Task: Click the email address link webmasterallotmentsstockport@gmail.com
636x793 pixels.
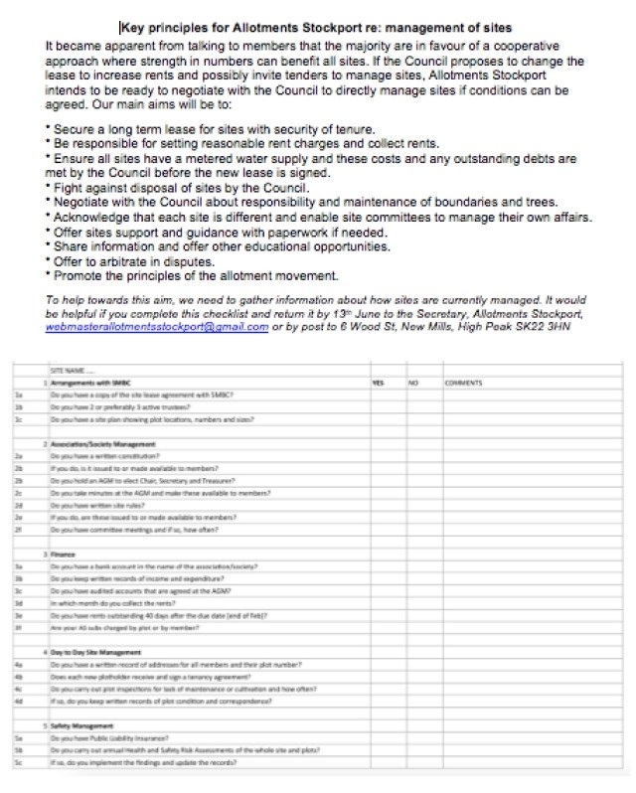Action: tap(157, 328)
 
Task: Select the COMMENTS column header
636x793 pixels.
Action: tap(463, 382)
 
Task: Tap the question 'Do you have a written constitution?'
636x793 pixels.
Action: tap(98, 455)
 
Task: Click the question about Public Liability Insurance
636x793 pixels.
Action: tap(106, 737)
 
